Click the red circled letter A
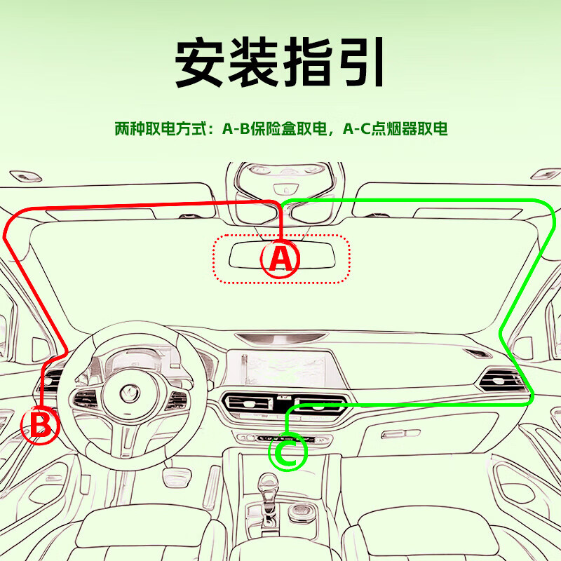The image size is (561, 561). click(280, 259)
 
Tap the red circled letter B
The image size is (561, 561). click(40, 425)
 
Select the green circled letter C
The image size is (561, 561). click(288, 452)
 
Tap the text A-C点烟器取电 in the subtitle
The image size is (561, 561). click(395, 130)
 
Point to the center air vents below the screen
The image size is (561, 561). click(280, 405)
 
